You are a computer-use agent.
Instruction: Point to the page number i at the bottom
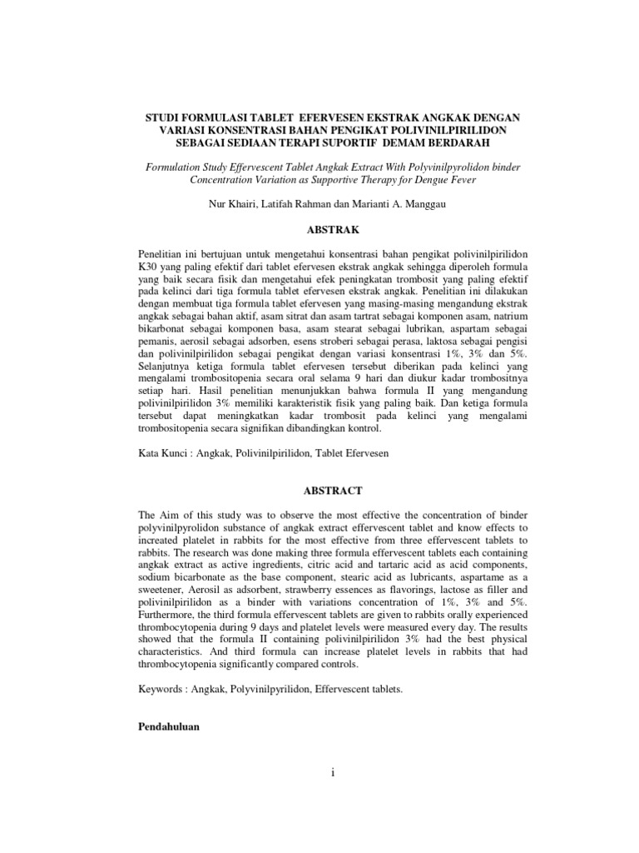[x=331, y=774]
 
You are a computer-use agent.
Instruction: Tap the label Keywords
[x=162, y=691]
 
